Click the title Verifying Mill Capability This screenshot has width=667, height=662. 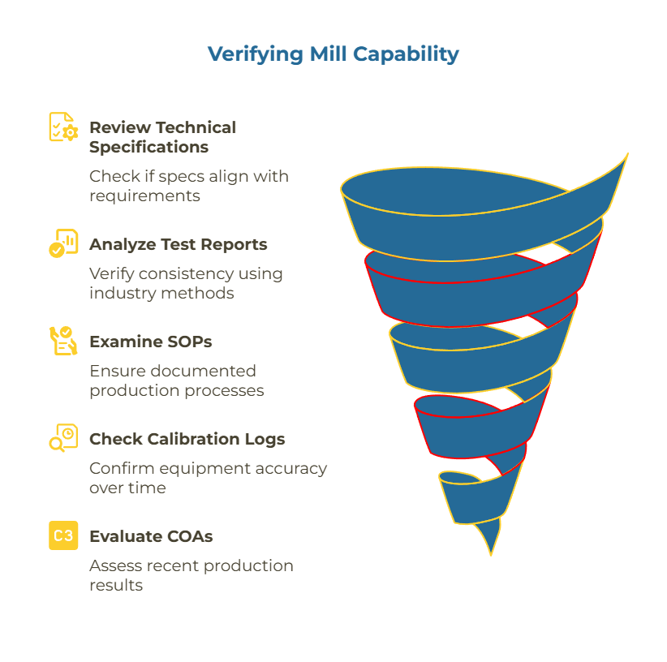click(333, 54)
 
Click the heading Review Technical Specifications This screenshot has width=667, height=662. click(162, 137)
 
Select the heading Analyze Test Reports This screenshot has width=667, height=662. click(178, 244)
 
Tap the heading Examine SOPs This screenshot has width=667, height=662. click(150, 342)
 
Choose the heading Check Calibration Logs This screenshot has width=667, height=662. click(187, 439)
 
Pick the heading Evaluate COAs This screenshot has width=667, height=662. click(151, 536)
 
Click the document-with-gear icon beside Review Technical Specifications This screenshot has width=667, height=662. click(63, 127)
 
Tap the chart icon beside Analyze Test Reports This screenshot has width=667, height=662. click(63, 243)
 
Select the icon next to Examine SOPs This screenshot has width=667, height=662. click(63, 341)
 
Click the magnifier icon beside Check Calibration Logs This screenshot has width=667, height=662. click(63, 438)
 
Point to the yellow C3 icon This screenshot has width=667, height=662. click(63, 535)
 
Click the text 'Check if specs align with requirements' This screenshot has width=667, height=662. click(188, 186)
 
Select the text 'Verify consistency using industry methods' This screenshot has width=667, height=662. click(186, 283)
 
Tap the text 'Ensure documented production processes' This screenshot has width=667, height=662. click(176, 380)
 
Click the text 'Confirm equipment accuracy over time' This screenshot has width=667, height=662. click(208, 478)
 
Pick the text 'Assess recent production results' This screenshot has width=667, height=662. click(191, 575)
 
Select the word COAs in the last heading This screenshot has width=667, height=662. click(188, 536)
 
